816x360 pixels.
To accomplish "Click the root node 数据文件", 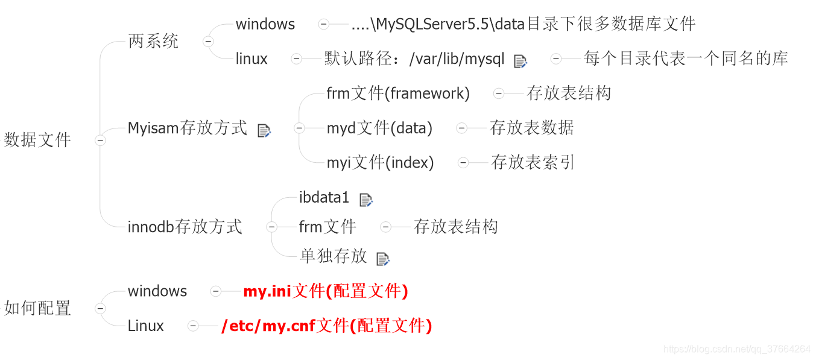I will point(37,140).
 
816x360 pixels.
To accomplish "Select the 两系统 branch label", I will point(153,42).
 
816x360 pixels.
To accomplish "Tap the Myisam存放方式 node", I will point(187,128).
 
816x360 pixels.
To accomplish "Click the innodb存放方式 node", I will point(185,227).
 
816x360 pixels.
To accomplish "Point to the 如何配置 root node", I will point(37,308).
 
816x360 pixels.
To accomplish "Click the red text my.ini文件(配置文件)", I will point(326,292).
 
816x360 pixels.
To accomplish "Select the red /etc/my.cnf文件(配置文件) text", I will point(327,326).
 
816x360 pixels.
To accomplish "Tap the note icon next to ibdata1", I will point(366,200).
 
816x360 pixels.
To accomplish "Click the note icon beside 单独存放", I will point(383,259).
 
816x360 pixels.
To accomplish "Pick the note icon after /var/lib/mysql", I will point(520,61).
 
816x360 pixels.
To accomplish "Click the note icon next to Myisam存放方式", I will point(264,130).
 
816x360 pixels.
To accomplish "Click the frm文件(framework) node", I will point(398,93).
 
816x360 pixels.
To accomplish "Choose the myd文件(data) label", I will point(379,128).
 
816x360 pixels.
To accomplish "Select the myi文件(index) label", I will point(380,163).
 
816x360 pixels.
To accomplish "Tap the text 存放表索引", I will point(533,163).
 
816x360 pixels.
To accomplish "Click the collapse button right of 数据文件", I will point(100,141).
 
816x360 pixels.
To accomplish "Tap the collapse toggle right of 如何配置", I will point(100,309).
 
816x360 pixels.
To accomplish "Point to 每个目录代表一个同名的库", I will point(686,58).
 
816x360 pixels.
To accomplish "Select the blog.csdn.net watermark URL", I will point(736,349).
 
